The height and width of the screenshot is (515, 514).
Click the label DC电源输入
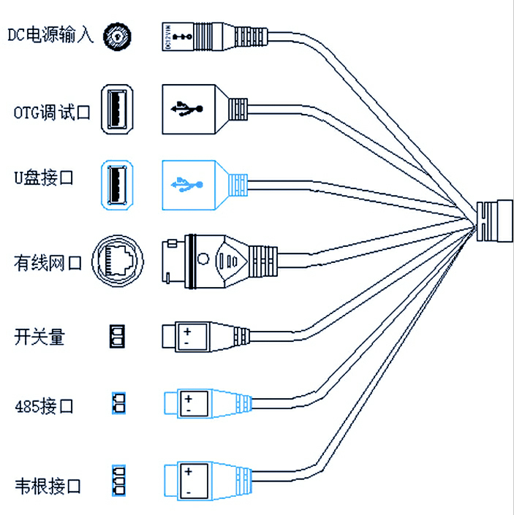tap(50, 34)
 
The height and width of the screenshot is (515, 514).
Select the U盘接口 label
tap(44, 178)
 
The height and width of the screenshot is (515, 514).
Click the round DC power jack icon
tap(119, 35)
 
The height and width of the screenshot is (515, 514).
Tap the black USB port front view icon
tap(119, 110)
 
